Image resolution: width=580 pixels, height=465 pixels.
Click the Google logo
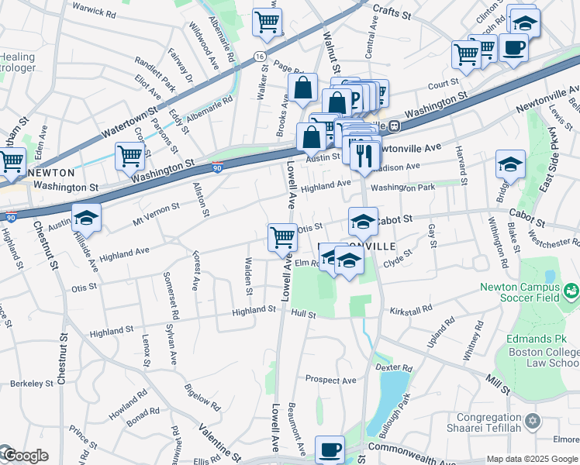point(25,456)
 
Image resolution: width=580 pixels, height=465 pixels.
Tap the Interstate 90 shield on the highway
point(217,167)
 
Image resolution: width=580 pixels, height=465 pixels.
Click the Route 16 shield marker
point(260,57)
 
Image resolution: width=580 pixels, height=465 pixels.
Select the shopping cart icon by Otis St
point(283,236)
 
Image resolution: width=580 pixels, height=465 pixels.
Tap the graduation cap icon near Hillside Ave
point(87,219)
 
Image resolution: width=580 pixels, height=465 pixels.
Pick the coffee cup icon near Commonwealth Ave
point(330,449)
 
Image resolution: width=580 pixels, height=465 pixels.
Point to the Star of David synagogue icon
point(532,422)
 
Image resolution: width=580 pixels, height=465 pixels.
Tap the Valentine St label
point(219,439)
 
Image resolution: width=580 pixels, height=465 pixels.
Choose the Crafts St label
point(395,9)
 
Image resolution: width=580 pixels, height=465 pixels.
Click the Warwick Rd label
point(93,12)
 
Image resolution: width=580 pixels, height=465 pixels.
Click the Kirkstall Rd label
point(411,309)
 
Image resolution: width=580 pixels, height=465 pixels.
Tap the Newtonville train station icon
point(394,126)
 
